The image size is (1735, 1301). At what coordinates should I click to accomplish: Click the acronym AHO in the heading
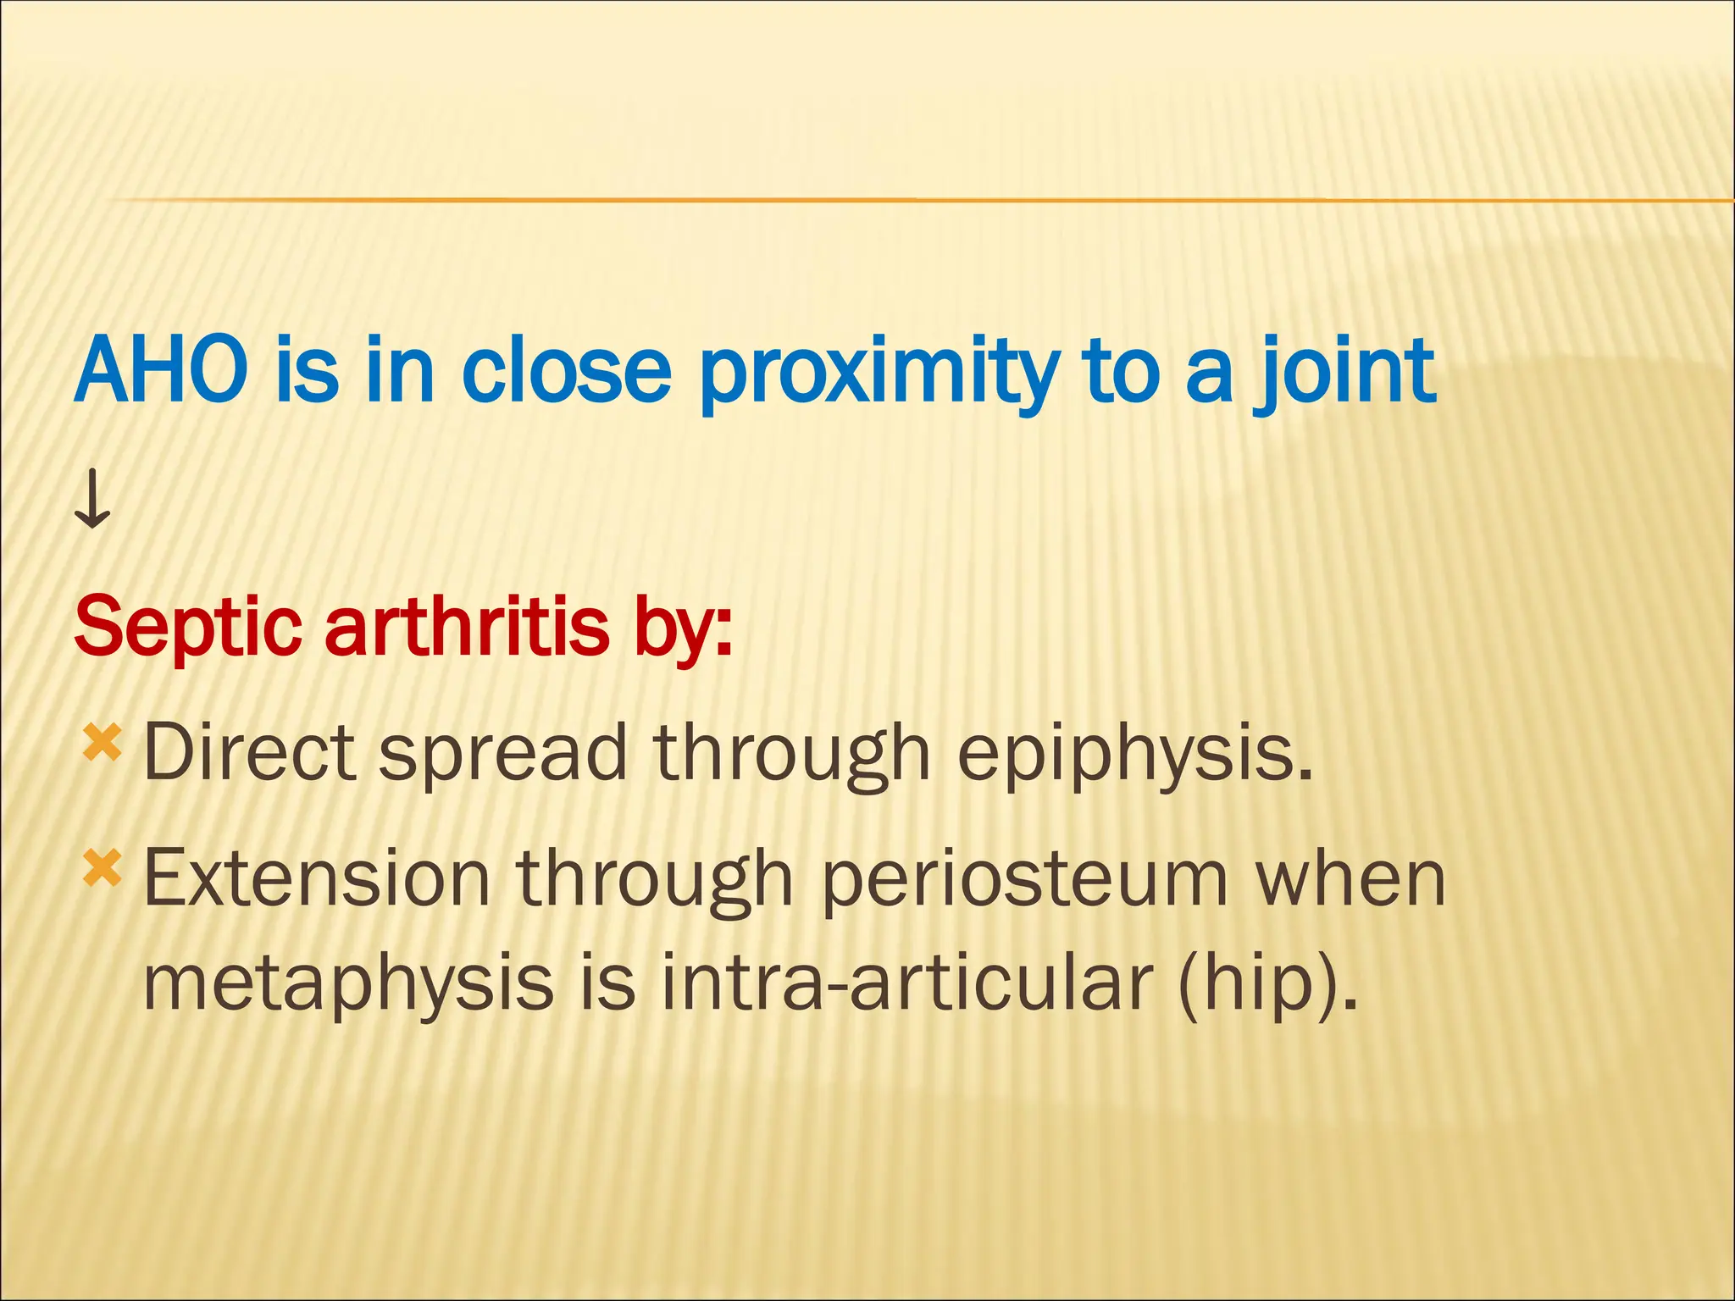tap(161, 371)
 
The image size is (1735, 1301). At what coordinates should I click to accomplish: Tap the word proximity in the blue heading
tap(878, 373)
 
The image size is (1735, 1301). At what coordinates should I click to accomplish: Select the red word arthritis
tap(466, 627)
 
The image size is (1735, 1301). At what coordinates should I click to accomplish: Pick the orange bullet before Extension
tap(102, 869)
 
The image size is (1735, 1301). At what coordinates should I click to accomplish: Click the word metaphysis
tap(348, 983)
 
